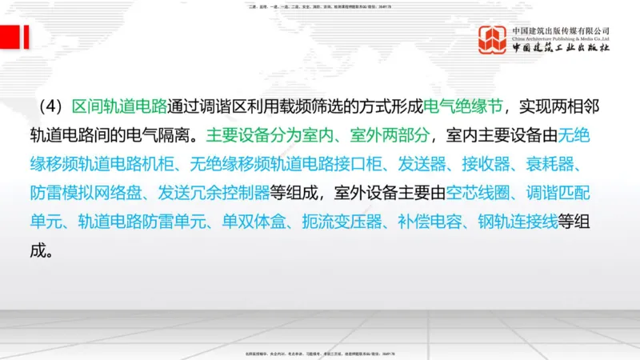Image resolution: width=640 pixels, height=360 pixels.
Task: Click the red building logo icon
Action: (492, 40)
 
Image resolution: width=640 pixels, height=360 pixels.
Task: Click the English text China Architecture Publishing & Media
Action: (561, 37)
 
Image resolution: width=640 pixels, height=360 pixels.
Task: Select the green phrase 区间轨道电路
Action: (120, 107)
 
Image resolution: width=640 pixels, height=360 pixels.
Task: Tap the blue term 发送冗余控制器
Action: (213, 192)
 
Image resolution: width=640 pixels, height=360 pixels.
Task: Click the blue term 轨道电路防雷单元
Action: (142, 221)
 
